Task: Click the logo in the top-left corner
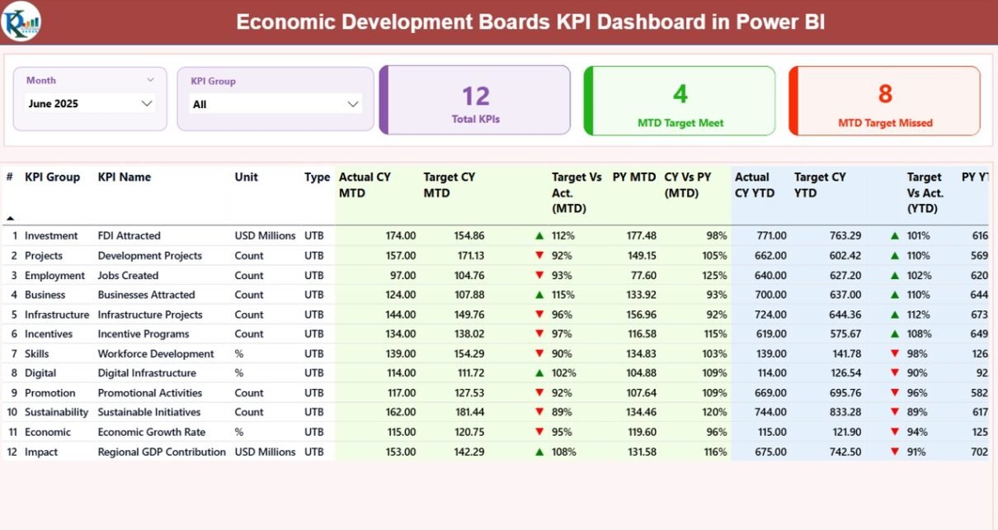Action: tap(21, 21)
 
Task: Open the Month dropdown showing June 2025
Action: tap(90, 103)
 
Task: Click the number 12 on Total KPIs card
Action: tap(476, 96)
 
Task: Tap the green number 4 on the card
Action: tap(680, 94)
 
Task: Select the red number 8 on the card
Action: tap(885, 94)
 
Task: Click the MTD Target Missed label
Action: tap(885, 123)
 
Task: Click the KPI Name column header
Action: tap(125, 177)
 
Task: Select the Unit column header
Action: tap(246, 177)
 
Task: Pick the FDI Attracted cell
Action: tap(129, 235)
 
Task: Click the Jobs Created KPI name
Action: tap(128, 275)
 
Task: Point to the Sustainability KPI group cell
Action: tap(56, 412)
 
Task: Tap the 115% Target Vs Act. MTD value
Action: tap(563, 295)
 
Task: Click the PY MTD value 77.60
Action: tap(642, 275)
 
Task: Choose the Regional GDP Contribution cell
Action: tap(162, 452)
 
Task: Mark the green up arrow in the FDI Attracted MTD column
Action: tap(539, 235)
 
